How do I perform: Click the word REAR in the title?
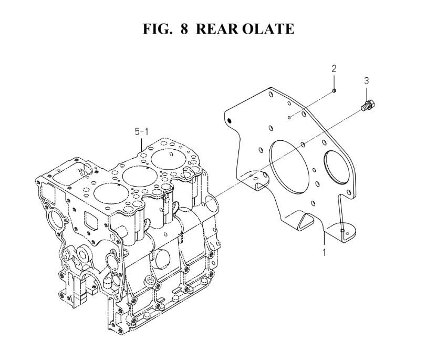(217, 28)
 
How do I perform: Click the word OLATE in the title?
(268, 28)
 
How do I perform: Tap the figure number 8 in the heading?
(184, 28)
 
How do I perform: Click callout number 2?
(334, 69)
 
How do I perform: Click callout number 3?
(367, 80)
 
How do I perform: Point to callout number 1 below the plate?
(324, 252)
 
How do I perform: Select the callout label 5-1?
(142, 132)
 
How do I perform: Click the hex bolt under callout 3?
(368, 105)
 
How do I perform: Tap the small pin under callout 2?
(334, 90)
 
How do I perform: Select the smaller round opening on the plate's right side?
(336, 166)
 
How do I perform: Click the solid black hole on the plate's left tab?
(229, 120)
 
